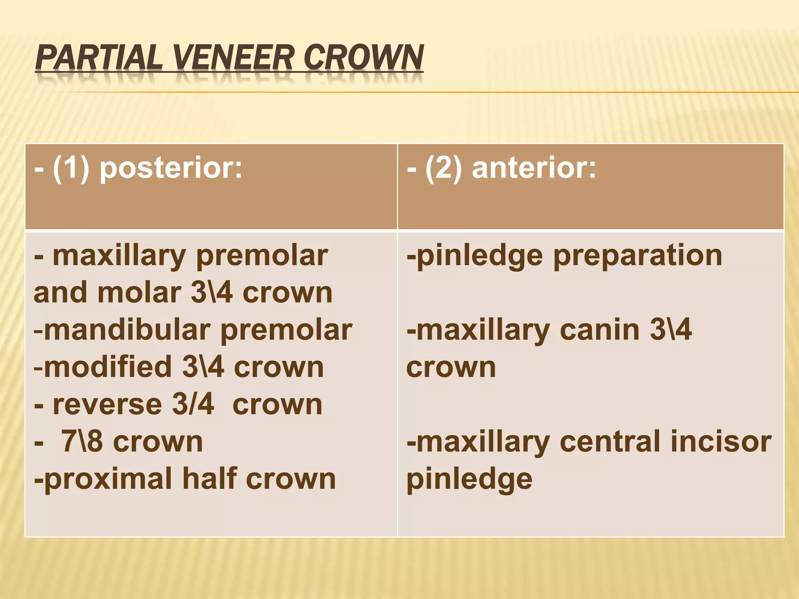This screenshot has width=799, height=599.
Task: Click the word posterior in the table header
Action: [171, 168]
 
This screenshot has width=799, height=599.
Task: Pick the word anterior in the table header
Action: [534, 168]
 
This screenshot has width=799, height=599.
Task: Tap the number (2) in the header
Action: [444, 168]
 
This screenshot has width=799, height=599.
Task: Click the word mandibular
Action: [127, 330]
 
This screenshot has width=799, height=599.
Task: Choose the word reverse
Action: [107, 405]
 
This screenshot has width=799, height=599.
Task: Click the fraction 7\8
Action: [82, 442]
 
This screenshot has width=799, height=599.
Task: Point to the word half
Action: [210, 479]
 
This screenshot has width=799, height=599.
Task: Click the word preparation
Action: [637, 256]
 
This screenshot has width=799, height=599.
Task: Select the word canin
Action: [599, 330]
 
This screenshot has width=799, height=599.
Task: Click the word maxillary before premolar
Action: [119, 256]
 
